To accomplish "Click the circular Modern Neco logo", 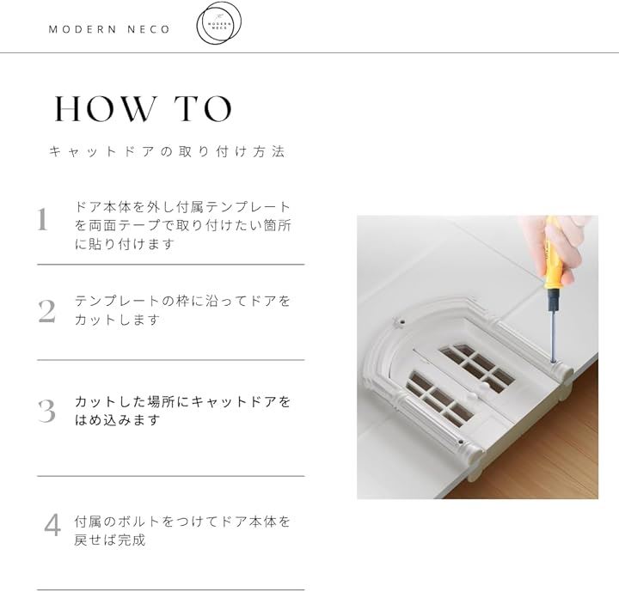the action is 218,23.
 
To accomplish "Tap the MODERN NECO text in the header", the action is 109,29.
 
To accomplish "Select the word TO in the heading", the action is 203,108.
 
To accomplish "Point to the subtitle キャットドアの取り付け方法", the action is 167,151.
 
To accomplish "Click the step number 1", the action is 43,219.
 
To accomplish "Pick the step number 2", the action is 47,312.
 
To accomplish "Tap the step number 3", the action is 47,412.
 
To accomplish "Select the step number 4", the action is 52,525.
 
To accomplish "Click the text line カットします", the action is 117,320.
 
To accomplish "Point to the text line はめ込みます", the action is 117,420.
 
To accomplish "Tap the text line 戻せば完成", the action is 110,540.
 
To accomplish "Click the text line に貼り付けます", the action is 125,244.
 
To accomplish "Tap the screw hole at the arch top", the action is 401,322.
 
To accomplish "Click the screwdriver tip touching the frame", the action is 552,360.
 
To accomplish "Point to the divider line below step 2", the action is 171,360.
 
